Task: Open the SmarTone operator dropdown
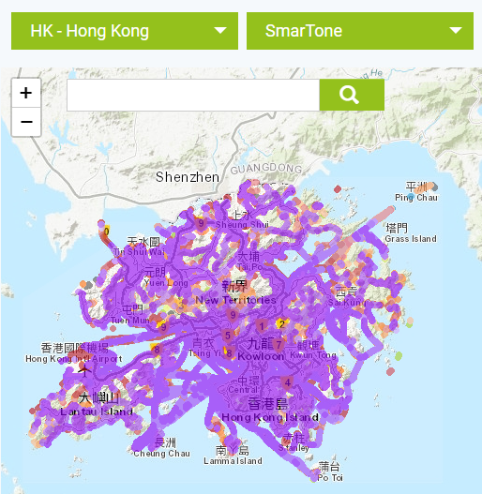(359, 31)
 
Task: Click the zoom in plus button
(26, 93)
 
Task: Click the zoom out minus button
(26, 122)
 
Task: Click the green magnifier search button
(351, 95)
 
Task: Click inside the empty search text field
(193, 95)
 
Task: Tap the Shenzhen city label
(187, 176)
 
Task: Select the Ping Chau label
(415, 198)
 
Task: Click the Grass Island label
(411, 239)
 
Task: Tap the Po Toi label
(330, 478)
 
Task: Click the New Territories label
(235, 300)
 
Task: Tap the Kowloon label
(261, 356)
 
